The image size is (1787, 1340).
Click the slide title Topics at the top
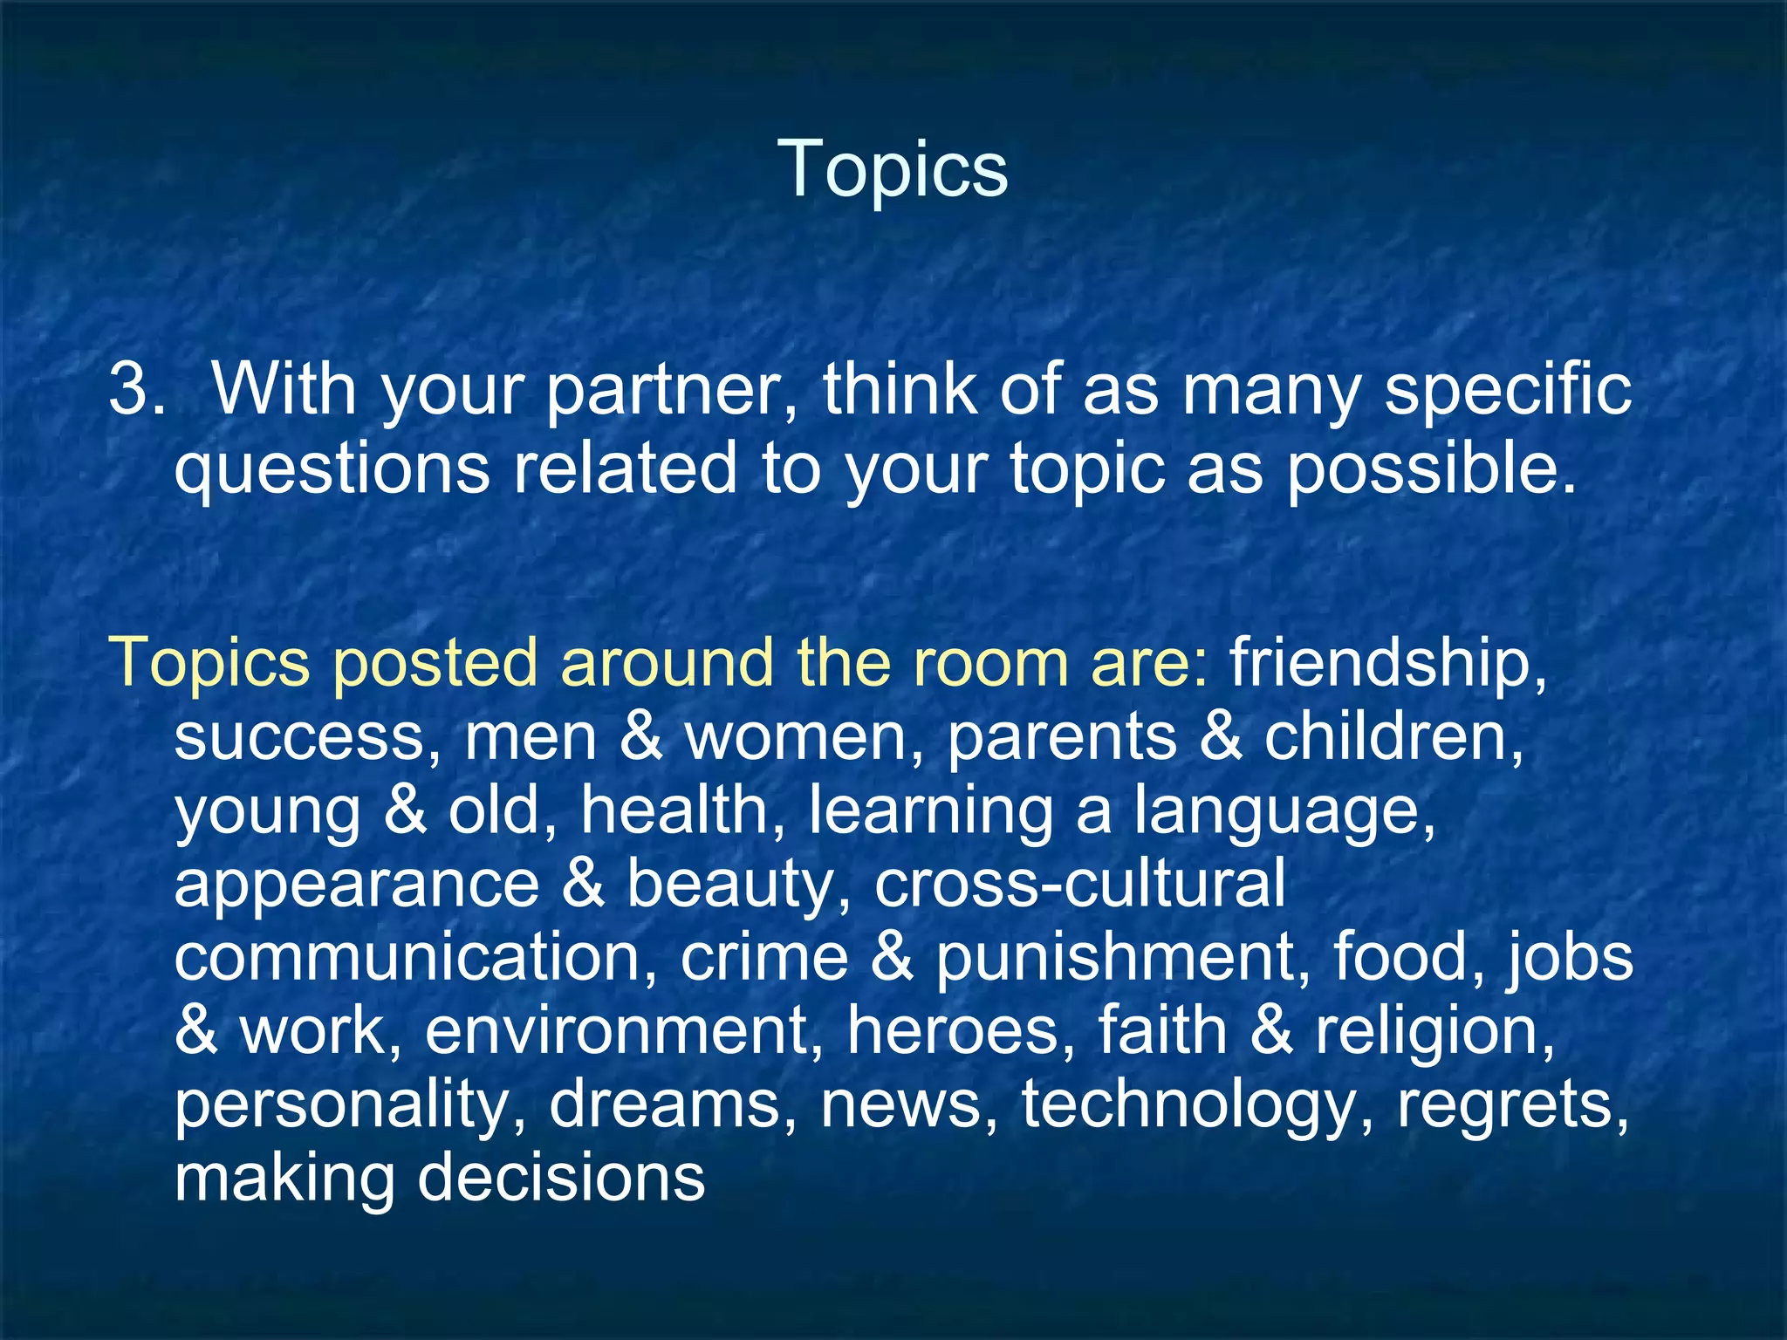[x=893, y=167]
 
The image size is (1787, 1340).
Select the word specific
[x=1508, y=389]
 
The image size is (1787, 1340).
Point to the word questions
[x=332, y=469]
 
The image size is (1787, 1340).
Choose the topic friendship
[x=1387, y=662]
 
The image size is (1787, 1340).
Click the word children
[x=1393, y=737]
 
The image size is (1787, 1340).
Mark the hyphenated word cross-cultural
[x=1079, y=883]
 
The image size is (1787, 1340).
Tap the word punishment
[x=1123, y=957]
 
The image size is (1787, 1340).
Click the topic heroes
[x=961, y=1030]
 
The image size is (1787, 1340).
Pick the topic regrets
[x=1512, y=1105]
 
